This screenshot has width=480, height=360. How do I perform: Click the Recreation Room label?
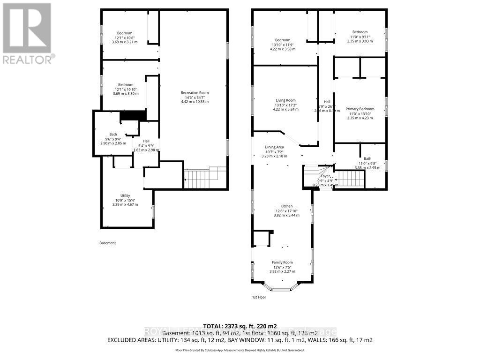click(x=195, y=93)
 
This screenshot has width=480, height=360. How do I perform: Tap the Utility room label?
click(x=125, y=195)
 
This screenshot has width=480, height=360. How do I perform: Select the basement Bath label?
click(x=113, y=135)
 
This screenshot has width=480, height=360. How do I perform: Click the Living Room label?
click(x=285, y=100)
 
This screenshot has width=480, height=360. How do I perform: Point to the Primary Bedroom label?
click(x=360, y=109)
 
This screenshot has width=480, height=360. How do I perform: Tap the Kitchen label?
click(x=286, y=206)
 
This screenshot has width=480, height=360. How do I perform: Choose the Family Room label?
click(x=282, y=262)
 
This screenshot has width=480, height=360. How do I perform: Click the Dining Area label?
click(x=274, y=147)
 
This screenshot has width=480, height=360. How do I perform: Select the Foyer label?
click(x=326, y=176)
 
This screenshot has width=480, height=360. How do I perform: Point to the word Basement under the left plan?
click(x=107, y=243)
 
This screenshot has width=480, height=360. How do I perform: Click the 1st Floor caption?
click(x=259, y=297)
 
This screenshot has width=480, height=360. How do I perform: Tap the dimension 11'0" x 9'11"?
click(x=360, y=36)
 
